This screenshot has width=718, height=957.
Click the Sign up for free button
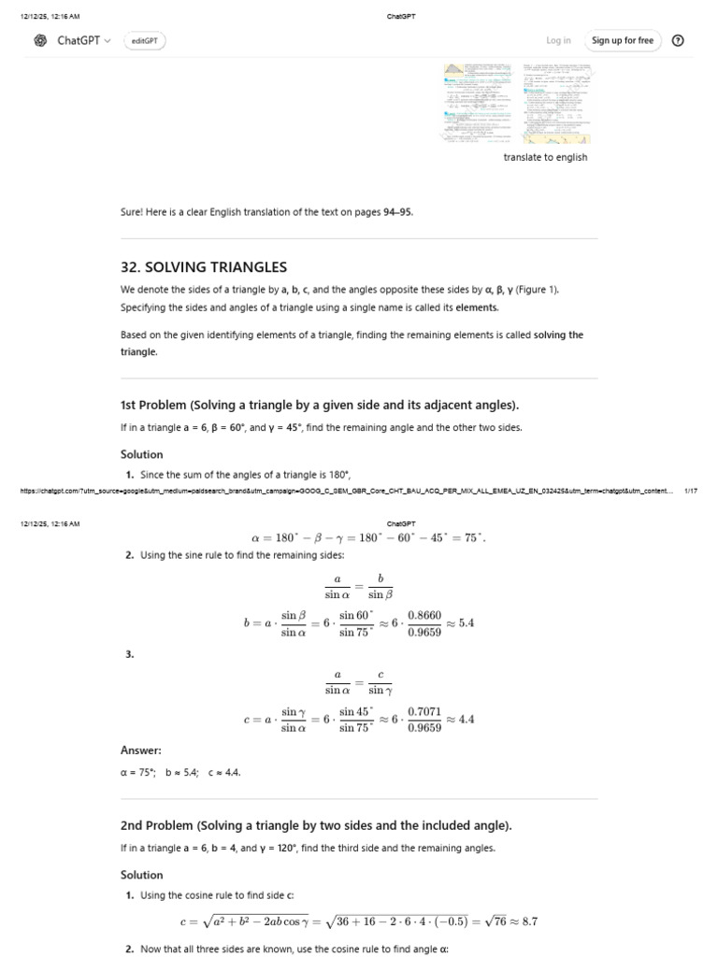pyautogui.click(x=623, y=40)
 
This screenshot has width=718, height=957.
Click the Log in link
pyautogui.click(x=558, y=40)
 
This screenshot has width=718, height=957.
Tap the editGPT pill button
pyautogui.click(x=144, y=41)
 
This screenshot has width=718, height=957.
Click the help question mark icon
pyautogui.click(x=678, y=40)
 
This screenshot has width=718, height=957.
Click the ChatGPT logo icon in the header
pyautogui.click(x=40, y=40)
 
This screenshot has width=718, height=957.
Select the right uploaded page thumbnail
pyautogui.click(x=557, y=102)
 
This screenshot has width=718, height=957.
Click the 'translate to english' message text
pyautogui.click(x=545, y=157)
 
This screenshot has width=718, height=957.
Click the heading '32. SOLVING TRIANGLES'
pyautogui.click(x=204, y=266)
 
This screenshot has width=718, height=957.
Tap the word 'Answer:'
pyautogui.click(x=141, y=750)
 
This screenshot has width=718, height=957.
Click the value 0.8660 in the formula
pyautogui.click(x=424, y=616)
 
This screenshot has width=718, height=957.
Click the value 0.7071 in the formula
pyautogui.click(x=424, y=712)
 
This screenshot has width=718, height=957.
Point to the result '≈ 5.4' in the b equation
pyautogui.click(x=460, y=623)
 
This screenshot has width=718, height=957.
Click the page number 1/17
pyautogui.click(x=691, y=490)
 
